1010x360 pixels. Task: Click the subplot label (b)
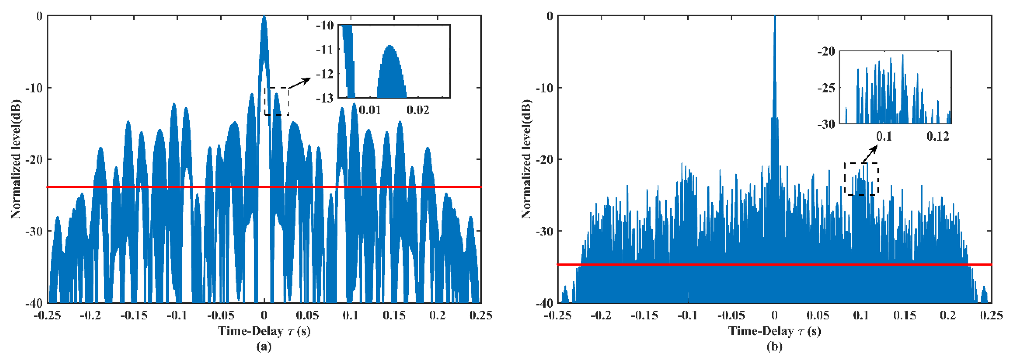tap(774, 347)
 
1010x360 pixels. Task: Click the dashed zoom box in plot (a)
tap(277, 101)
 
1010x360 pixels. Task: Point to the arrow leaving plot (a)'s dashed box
tap(300, 83)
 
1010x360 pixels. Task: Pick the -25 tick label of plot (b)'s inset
tap(826, 88)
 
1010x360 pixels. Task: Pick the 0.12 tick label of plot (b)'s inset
tap(938, 136)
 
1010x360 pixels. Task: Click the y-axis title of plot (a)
tap(16, 159)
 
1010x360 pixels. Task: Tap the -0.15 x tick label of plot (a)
tap(134, 315)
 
